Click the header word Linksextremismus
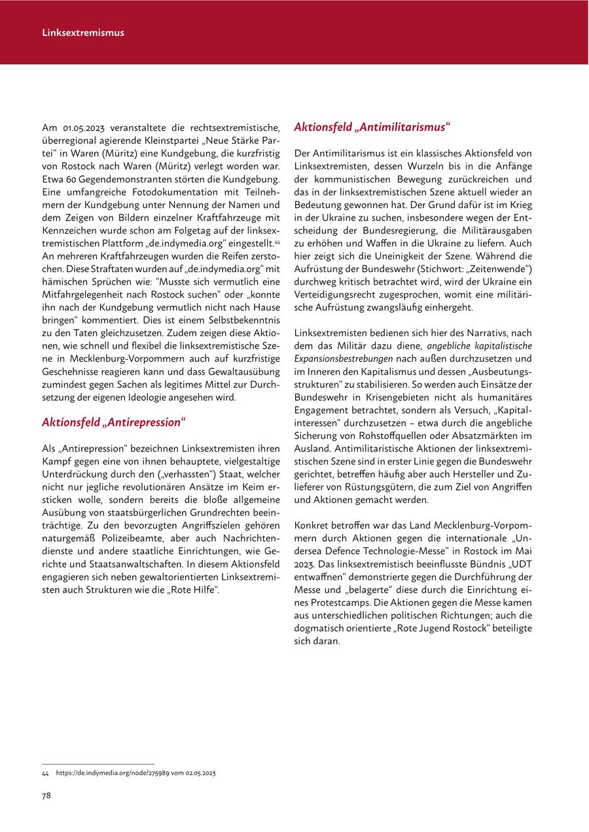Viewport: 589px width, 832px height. coord(82,32)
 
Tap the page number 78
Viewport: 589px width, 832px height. coord(46,795)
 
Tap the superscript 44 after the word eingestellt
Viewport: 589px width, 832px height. coord(277,241)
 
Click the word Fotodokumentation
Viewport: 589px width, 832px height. coord(171,192)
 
